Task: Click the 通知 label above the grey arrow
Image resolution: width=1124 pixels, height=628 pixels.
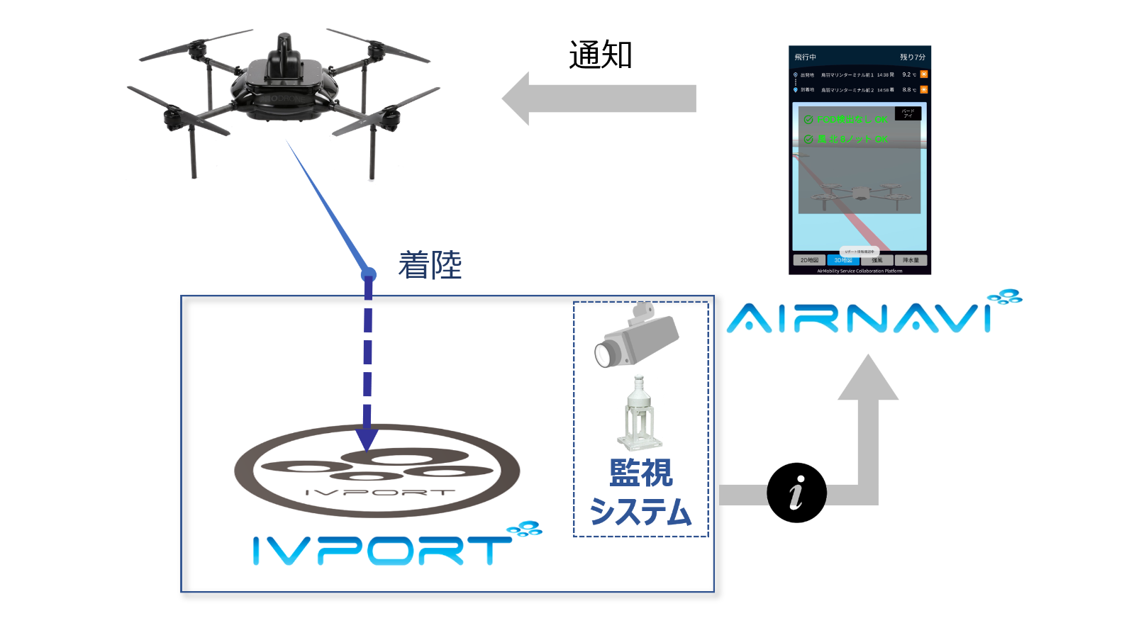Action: pyautogui.click(x=600, y=55)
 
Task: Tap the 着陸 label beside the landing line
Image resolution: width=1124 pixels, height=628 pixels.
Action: pyautogui.click(x=430, y=265)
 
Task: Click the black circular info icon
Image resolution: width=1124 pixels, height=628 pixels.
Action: pyautogui.click(x=796, y=493)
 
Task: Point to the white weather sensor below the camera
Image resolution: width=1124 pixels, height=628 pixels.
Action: pyautogui.click(x=640, y=415)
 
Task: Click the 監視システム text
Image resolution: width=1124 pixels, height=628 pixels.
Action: pyautogui.click(x=640, y=492)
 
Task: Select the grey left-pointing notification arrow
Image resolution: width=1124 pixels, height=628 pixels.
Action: pyautogui.click(x=599, y=99)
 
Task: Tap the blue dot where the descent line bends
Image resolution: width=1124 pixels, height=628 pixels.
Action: pyautogui.click(x=368, y=274)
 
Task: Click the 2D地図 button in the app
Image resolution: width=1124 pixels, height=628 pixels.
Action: pyautogui.click(x=809, y=260)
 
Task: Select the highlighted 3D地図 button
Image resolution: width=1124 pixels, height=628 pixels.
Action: pyautogui.click(x=843, y=260)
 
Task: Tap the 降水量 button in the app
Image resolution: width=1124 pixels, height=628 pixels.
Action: pyautogui.click(x=911, y=260)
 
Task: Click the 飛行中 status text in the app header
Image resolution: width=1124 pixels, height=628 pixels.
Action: pyautogui.click(x=806, y=57)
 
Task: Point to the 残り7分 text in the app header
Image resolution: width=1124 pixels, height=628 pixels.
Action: pyautogui.click(x=912, y=57)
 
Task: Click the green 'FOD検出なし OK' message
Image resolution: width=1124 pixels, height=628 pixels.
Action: pyautogui.click(x=852, y=120)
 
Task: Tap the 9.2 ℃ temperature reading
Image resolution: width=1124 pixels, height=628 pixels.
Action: pyautogui.click(x=908, y=74)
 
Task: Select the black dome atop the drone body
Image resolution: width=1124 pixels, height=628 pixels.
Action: pyautogui.click(x=284, y=50)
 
